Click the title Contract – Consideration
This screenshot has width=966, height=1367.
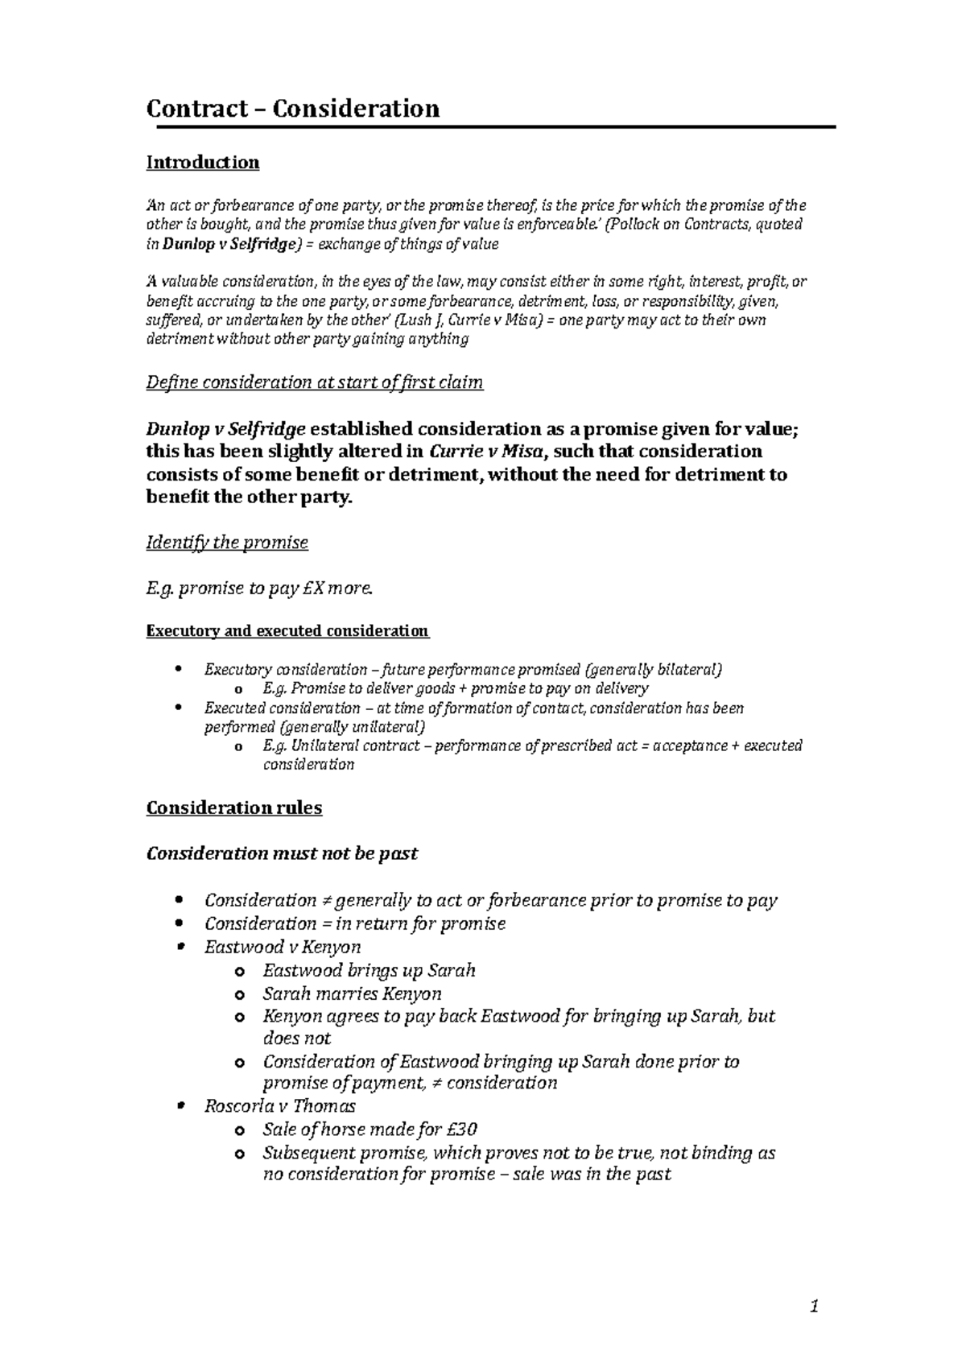292,108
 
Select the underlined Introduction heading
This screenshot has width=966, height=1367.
202,163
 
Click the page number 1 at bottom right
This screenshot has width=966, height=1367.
814,1308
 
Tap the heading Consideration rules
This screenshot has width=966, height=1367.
233,807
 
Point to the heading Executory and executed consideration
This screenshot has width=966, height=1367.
287,630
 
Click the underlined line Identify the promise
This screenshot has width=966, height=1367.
227,543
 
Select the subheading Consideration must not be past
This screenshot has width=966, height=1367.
281,853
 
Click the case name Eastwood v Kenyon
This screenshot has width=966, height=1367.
283,947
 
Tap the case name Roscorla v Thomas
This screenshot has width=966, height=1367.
279,1106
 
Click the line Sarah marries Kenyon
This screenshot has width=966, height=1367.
352,993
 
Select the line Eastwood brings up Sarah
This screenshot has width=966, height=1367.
369,970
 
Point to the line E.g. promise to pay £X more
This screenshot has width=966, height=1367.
260,589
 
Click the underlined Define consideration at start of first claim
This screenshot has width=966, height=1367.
314,382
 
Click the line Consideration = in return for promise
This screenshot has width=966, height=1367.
355,923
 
